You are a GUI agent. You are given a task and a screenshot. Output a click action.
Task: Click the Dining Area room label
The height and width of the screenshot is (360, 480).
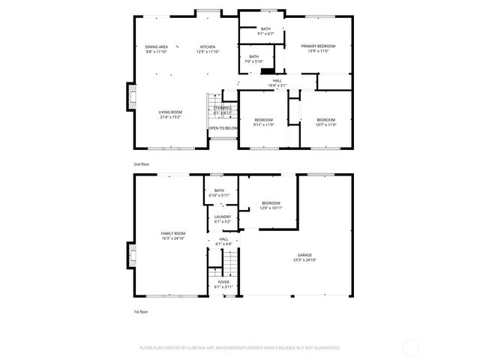click(x=156, y=46)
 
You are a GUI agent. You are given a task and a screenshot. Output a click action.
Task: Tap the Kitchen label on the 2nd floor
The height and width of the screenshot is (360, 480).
click(x=208, y=46)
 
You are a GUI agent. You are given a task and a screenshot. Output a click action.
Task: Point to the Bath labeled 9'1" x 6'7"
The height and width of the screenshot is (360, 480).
click(x=255, y=29)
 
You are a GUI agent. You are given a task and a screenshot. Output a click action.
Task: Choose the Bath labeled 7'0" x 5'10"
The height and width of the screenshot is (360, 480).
click(x=253, y=56)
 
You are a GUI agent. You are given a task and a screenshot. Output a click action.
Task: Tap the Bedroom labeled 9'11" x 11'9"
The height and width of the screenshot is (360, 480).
click(x=262, y=120)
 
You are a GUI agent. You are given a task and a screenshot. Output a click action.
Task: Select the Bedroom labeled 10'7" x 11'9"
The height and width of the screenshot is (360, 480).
click(x=325, y=120)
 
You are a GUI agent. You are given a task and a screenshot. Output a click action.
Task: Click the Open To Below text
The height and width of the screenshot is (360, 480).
click(x=223, y=128)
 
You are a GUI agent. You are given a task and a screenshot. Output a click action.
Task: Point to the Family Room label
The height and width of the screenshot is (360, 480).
click(x=173, y=233)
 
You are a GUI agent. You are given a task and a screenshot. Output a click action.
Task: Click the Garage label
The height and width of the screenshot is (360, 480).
click(x=304, y=255)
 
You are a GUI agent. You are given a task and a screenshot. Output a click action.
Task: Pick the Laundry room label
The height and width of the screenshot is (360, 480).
click(x=223, y=217)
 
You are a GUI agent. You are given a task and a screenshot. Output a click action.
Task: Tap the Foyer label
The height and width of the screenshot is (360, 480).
click(x=223, y=282)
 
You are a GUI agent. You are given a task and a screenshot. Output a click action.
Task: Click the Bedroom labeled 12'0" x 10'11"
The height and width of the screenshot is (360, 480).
click(x=271, y=203)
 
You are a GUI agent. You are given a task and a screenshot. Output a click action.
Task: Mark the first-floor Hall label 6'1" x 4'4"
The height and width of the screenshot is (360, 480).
click(x=223, y=241)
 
